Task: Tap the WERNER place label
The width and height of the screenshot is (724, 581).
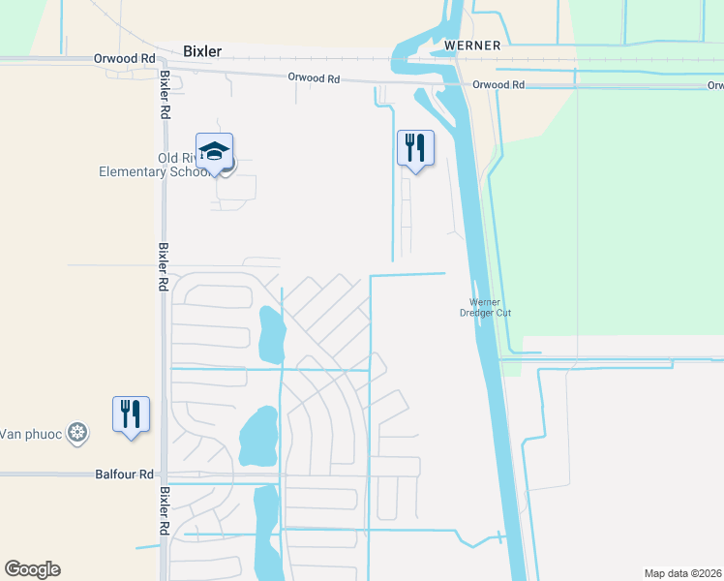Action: (x=471, y=46)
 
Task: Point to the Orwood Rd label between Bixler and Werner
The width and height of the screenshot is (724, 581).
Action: (x=314, y=78)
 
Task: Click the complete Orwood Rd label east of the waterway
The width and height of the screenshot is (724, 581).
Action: (x=498, y=85)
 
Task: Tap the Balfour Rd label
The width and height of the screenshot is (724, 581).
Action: (x=125, y=474)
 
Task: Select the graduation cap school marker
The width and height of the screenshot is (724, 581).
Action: (x=214, y=151)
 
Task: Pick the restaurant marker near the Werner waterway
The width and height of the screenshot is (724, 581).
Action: (x=415, y=148)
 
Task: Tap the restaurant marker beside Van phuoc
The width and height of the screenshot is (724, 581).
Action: (x=130, y=413)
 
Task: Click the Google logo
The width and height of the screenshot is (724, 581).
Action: (x=32, y=569)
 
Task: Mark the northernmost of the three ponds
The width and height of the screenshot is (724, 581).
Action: (x=270, y=332)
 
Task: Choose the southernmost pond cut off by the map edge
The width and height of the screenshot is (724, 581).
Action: (x=265, y=537)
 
